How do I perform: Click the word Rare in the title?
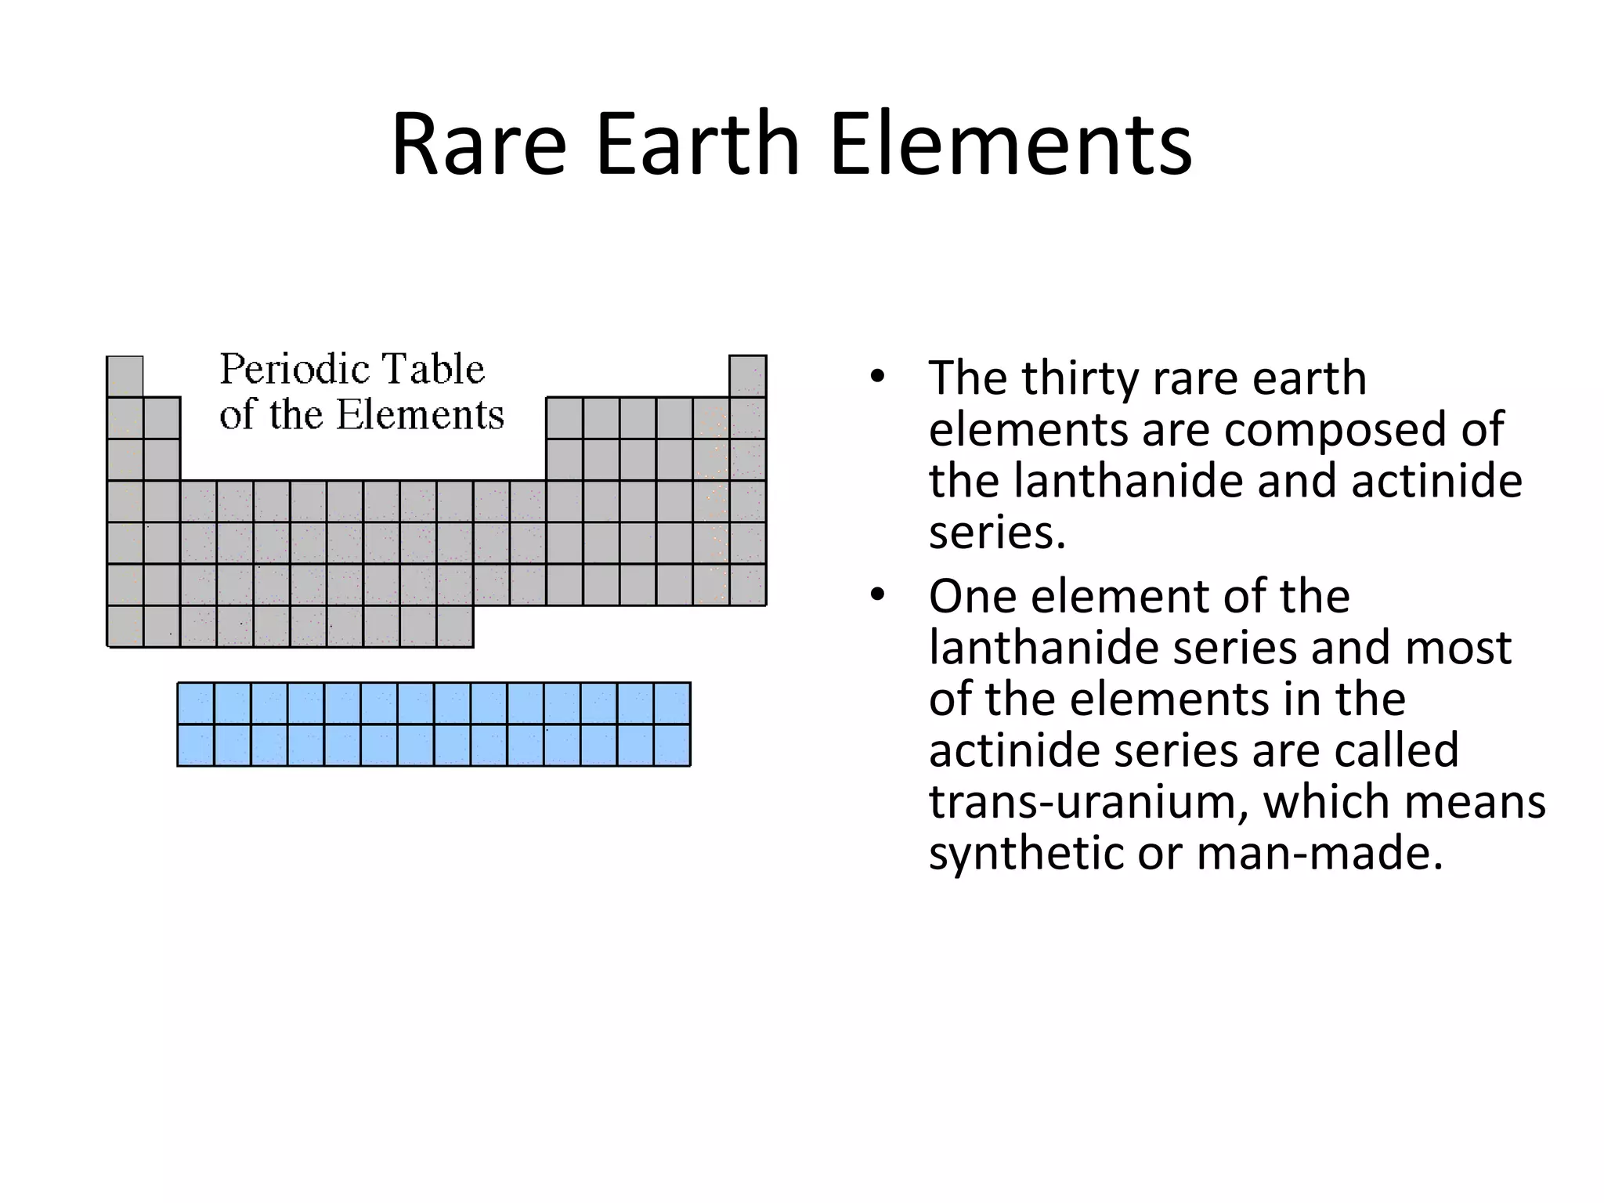479,145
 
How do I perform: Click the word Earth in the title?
697,145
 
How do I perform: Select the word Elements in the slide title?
1010,145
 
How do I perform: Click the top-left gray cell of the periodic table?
125,377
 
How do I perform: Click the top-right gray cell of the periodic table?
747,377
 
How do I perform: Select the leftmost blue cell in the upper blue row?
196,703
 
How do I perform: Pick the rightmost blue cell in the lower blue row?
672,745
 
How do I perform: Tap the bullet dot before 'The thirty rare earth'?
877,377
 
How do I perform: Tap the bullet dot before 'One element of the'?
877,595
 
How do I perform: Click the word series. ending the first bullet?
997,533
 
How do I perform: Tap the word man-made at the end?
1319,854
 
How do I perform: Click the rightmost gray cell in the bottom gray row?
454,627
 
